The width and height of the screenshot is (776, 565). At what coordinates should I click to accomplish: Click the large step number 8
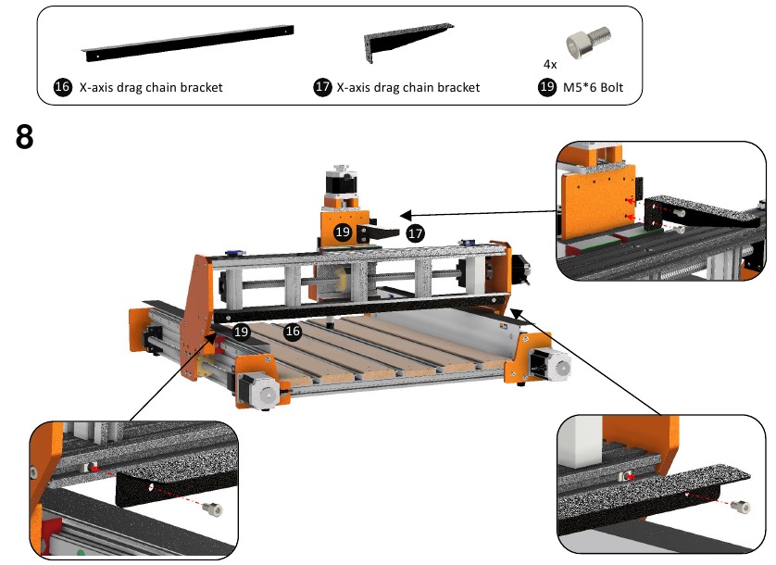point(25,137)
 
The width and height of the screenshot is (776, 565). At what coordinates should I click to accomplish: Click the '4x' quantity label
point(550,65)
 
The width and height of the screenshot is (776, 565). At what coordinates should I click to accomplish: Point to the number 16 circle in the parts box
point(62,88)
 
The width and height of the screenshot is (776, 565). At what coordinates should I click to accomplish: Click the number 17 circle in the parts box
point(322,88)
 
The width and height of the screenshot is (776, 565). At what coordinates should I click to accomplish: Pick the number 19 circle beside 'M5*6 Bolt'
point(546,88)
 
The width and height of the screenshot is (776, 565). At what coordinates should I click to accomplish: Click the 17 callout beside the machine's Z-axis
point(416,233)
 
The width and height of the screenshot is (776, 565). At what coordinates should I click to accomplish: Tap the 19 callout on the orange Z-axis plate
point(342,232)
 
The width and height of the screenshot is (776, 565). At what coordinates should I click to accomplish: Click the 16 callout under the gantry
point(293,331)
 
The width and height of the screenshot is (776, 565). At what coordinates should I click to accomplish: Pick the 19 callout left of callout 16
point(242,331)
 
